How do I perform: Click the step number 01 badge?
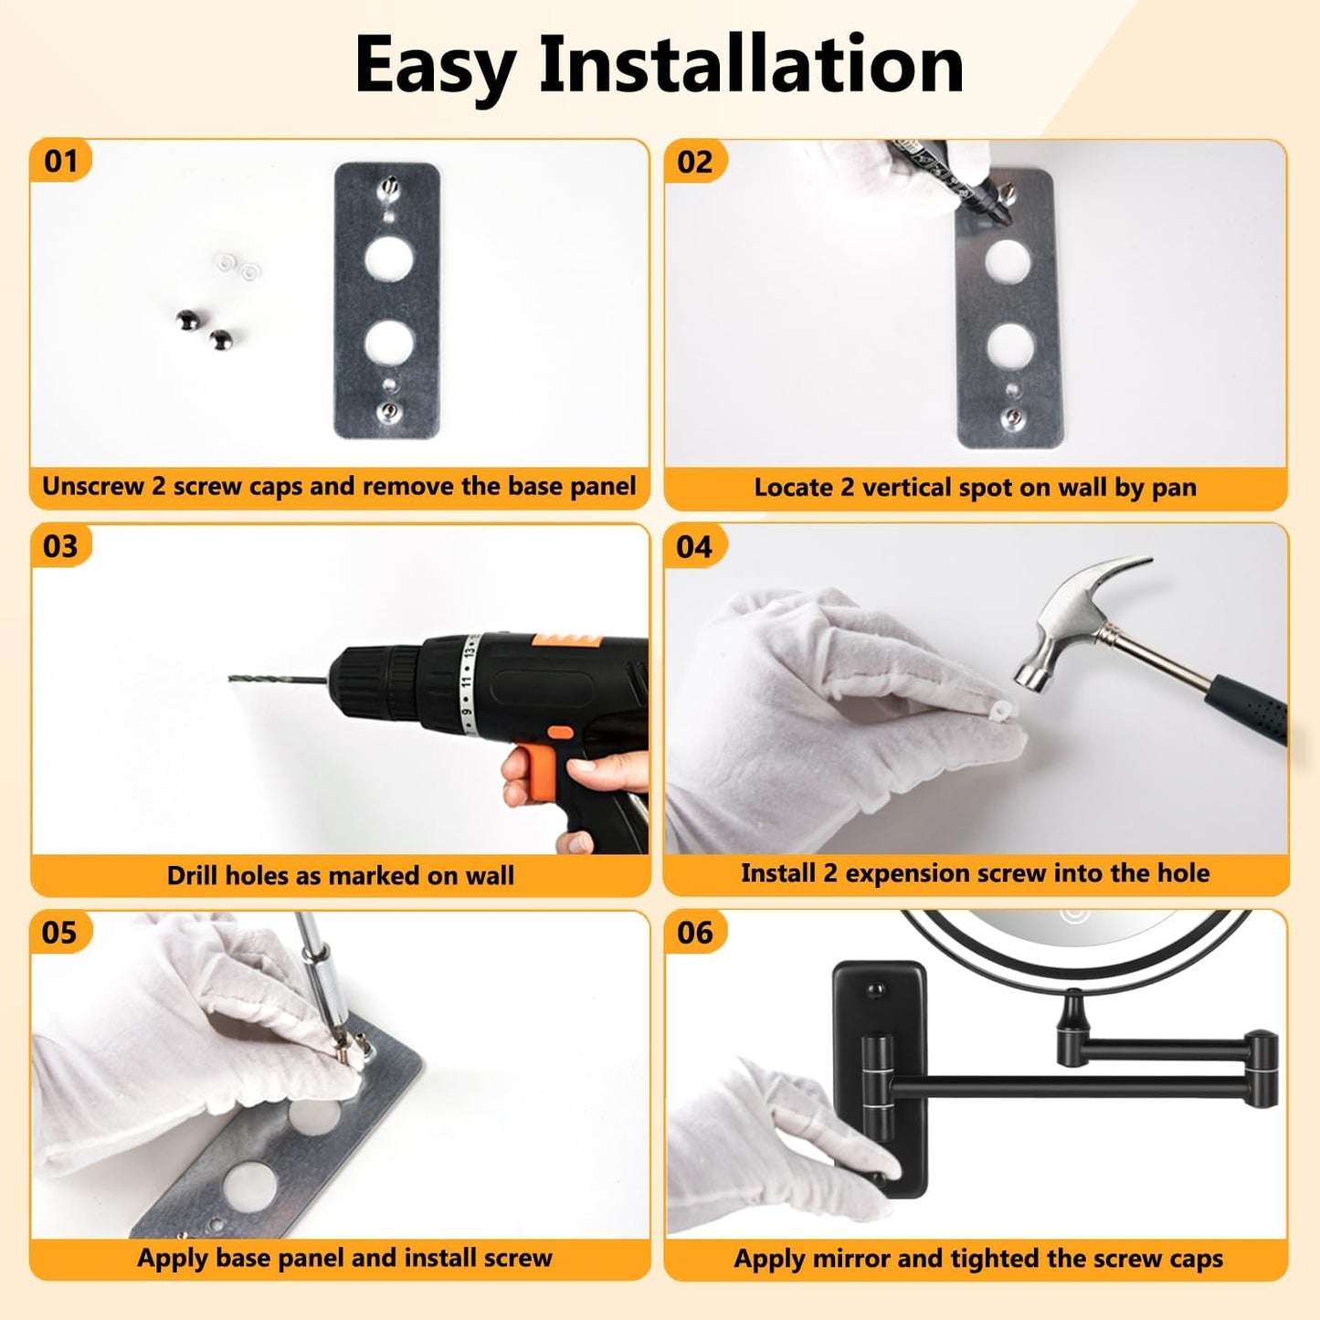pyautogui.click(x=60, y=161)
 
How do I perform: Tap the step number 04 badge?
pyautogui.click(x=694, y=546)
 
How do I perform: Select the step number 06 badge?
pyautogui.click(x=694, y=933)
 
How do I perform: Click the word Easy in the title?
pyautogui.click(x=435, y=67)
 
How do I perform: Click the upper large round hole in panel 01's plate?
pyautogui.click(x=388, y=261)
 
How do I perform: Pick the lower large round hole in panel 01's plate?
pyautogui.click(x=389, y=343)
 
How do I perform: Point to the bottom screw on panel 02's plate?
pyautogui.click(x=1012, y=417)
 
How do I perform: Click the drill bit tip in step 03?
pyautogui.click(x=230, y=678)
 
